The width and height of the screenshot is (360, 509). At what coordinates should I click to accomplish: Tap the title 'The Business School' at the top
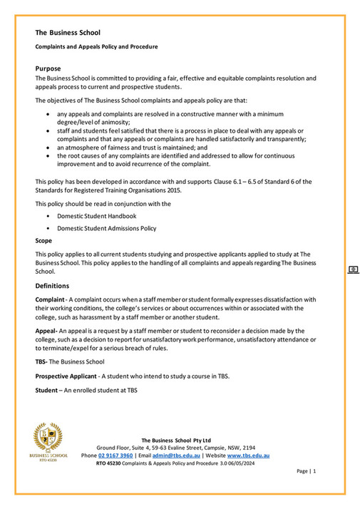coord(68,32)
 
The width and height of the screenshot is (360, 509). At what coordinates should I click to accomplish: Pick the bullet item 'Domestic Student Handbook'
coord(96,215)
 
